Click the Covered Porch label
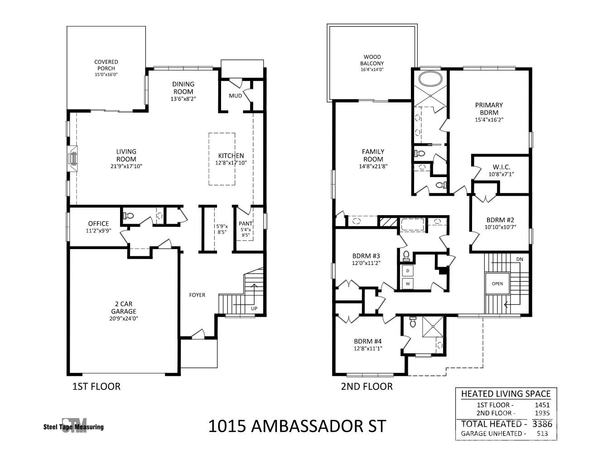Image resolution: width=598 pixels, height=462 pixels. point(106,65)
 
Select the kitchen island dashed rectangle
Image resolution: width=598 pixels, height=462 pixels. point(222,159)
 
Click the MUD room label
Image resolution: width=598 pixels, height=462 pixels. point(235,96)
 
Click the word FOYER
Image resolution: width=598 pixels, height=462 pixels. point(197,295)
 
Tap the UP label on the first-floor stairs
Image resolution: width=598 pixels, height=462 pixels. point(254,308)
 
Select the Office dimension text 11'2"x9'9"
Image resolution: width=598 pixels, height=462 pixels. point(98,231)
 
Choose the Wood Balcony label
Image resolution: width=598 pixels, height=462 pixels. point(372,60)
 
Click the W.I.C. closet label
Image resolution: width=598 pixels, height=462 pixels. point(502,167)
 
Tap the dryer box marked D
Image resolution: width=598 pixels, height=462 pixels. point(408,270)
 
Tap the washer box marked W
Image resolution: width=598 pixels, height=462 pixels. point(408,284)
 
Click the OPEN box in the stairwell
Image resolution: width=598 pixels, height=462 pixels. point(497,284)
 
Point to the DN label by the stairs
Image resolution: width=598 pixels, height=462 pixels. point(520,259)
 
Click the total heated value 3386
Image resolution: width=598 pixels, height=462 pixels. point(542,424)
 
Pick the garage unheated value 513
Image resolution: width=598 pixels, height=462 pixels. point(542,434)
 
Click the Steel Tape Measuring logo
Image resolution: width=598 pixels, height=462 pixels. point(73,426)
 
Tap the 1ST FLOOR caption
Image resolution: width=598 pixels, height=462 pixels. point(96,386)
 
